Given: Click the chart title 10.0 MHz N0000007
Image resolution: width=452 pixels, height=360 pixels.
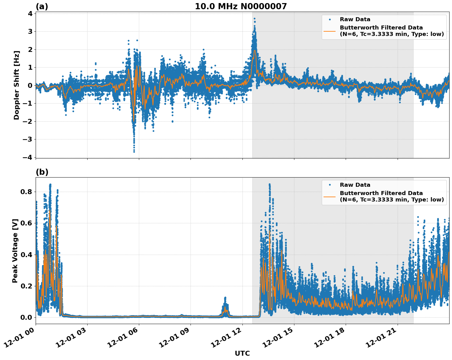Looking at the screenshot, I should [241, 6].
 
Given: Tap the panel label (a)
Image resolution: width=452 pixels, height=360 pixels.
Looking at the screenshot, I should [42, 6].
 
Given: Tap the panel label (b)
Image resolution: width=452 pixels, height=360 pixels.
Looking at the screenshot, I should [42, 172].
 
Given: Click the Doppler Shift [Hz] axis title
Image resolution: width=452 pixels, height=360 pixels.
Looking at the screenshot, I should [17, 85].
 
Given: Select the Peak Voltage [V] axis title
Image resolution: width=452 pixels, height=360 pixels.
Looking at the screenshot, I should [15, 251].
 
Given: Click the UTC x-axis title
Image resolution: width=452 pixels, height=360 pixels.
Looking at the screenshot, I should [242, 353].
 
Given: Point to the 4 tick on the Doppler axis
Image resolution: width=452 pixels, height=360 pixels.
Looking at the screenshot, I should [30, 14].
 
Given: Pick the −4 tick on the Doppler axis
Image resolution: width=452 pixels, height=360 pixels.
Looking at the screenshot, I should [28, 157].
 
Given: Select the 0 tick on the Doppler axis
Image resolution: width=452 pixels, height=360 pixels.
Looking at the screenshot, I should [30, 85].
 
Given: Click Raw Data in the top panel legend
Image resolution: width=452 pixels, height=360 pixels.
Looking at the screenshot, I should [355, 19].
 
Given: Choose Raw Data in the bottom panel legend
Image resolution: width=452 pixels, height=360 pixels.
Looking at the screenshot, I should [355, 185].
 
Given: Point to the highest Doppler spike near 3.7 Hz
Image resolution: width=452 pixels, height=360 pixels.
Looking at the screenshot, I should [254, 19].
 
